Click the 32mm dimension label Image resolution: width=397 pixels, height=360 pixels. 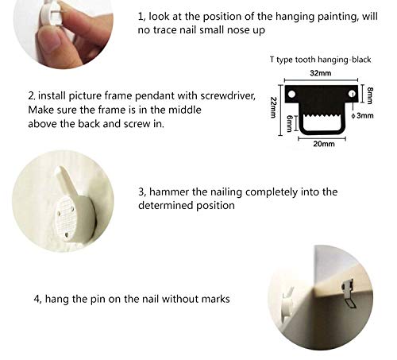(321, 73)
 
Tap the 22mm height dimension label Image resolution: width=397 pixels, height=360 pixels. (273, 107)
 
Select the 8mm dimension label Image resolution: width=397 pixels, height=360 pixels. (370, 95)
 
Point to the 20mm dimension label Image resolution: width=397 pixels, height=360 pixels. (324, 144)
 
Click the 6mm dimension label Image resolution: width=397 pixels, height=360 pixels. (289, 123)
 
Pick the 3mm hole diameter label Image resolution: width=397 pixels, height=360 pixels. (363, 115)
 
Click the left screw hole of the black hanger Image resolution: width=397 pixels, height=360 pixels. (291, 94)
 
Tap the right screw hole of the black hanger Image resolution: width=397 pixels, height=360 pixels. (352, 94)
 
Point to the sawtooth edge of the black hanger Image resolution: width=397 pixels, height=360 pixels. (322, 117)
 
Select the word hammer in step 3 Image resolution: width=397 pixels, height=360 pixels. (169, 192)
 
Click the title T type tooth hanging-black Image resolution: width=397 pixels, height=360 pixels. (320, 60)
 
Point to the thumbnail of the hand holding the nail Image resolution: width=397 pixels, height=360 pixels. (64, 33)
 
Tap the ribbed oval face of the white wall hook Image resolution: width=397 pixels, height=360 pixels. (65, 219)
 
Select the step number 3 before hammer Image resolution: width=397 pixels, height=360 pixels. (142, 192)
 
